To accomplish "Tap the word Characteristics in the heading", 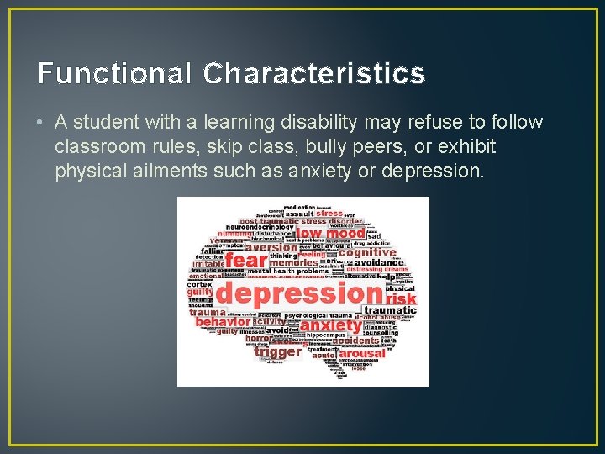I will [313, 74].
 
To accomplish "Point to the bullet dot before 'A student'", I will [41, 123].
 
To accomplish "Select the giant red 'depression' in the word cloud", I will [299, 293].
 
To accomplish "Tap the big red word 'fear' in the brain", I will [245, 261].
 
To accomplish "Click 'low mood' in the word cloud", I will [332, 233].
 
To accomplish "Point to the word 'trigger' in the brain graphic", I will [277, 351].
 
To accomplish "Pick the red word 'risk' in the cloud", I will [401, 298].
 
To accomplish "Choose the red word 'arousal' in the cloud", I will [362, 354].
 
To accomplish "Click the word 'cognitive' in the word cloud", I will [367, 252].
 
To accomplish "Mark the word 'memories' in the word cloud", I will [293, 262].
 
